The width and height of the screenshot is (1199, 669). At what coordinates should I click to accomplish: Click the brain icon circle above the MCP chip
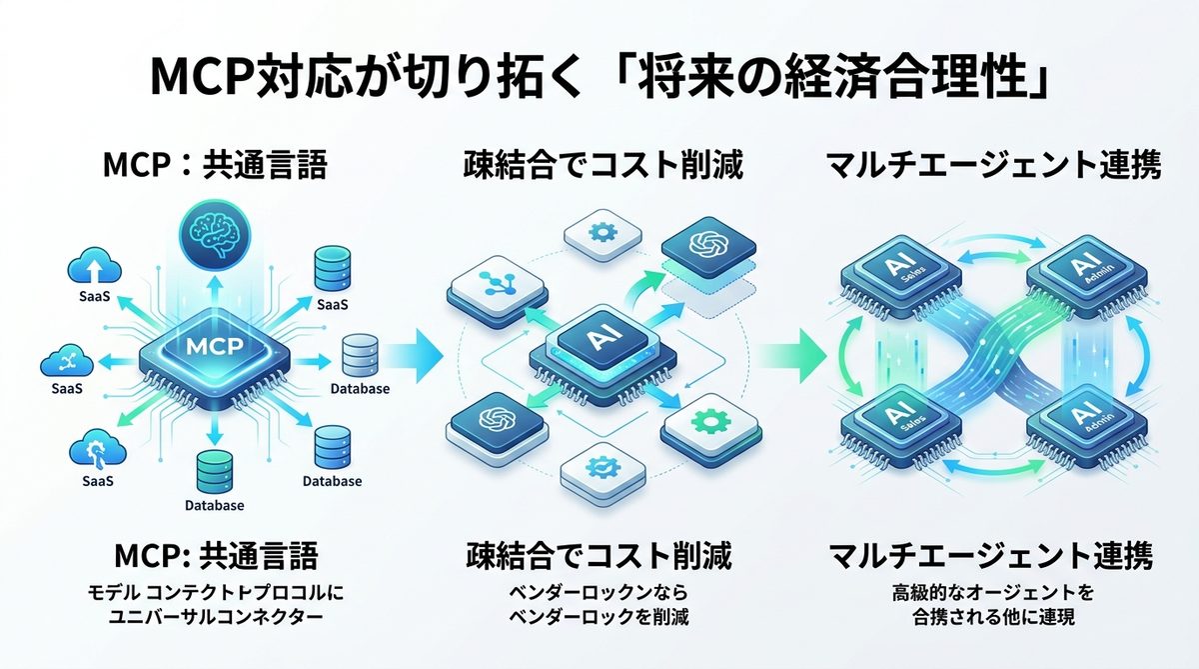coord(214,233)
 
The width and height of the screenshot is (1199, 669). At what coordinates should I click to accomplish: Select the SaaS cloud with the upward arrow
coord(96,269)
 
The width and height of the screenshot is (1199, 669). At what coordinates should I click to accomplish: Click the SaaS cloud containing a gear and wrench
coord(97,448)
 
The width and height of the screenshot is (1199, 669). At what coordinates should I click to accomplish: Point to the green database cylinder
coord(215,469)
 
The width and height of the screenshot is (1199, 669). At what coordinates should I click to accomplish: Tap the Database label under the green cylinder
coord(215,505)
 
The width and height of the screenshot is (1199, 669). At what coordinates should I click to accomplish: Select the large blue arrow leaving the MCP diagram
coord(412,351)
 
